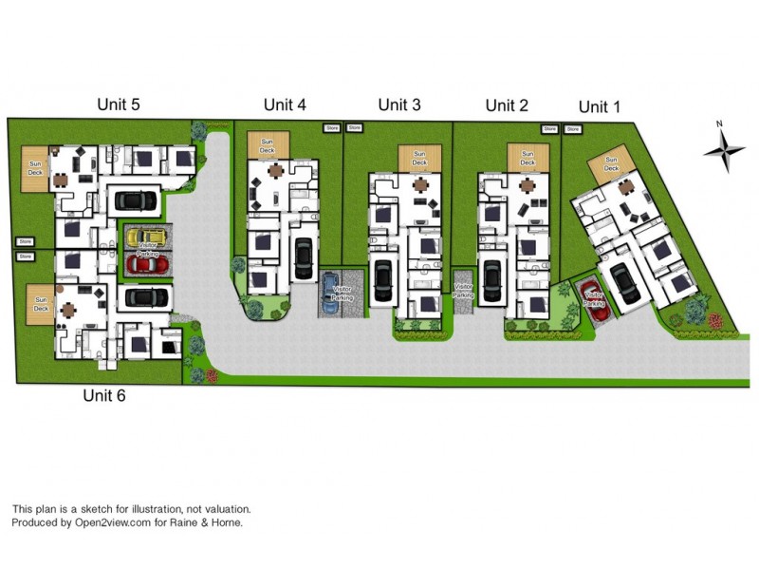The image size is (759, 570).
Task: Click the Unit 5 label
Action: (119, 104)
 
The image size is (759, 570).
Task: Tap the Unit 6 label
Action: (104, 395)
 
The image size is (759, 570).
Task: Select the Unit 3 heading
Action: (399, 104)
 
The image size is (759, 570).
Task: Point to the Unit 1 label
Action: (599, 106)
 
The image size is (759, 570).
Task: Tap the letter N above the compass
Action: (720, 123)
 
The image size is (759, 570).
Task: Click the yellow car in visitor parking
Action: (146, 235)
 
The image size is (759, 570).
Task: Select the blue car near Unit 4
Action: (330, 287)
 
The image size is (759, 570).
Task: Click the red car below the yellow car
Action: (146, 263)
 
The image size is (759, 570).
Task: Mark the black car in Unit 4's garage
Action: (304, 257)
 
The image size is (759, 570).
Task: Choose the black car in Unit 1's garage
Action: (624, 282)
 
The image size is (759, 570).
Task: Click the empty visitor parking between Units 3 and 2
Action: (464, 290)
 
